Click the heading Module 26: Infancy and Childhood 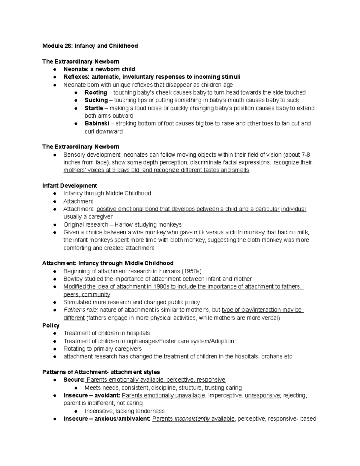[90, 46]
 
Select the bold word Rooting [96, 92]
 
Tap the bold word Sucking [96, 100]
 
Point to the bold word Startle [94, 108]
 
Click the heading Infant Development [70, 185]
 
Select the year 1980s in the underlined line [161, 287]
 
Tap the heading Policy [51, 326]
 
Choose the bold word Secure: [74, 380]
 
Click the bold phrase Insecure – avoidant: [92, 395]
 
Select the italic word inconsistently [192, 419]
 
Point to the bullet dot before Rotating [55, 349]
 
